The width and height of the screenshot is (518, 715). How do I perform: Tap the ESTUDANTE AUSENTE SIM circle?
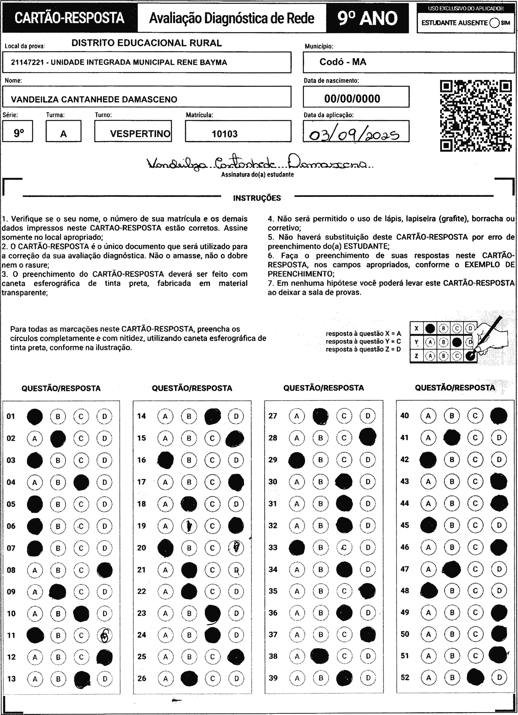click(x=494, y=23)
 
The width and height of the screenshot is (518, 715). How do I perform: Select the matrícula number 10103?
click(x=225, y=134)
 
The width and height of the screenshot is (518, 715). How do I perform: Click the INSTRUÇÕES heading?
click(x=257, y=198)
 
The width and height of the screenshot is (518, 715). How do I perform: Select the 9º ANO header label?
click(x=367, y=18)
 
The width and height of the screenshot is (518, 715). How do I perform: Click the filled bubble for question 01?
click(x=35, y=416)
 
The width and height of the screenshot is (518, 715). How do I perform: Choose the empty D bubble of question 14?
click(x=236, y=416)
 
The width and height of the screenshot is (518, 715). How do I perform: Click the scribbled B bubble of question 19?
click(x=189, y=526)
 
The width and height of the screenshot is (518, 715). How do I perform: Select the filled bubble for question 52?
click(x=475, y=677)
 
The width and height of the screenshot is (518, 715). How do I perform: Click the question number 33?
click(x=273, y=548)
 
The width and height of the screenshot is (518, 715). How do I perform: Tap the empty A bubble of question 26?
click(x=165, y=678)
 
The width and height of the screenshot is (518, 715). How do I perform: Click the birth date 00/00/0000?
click(x=352, y=99)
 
